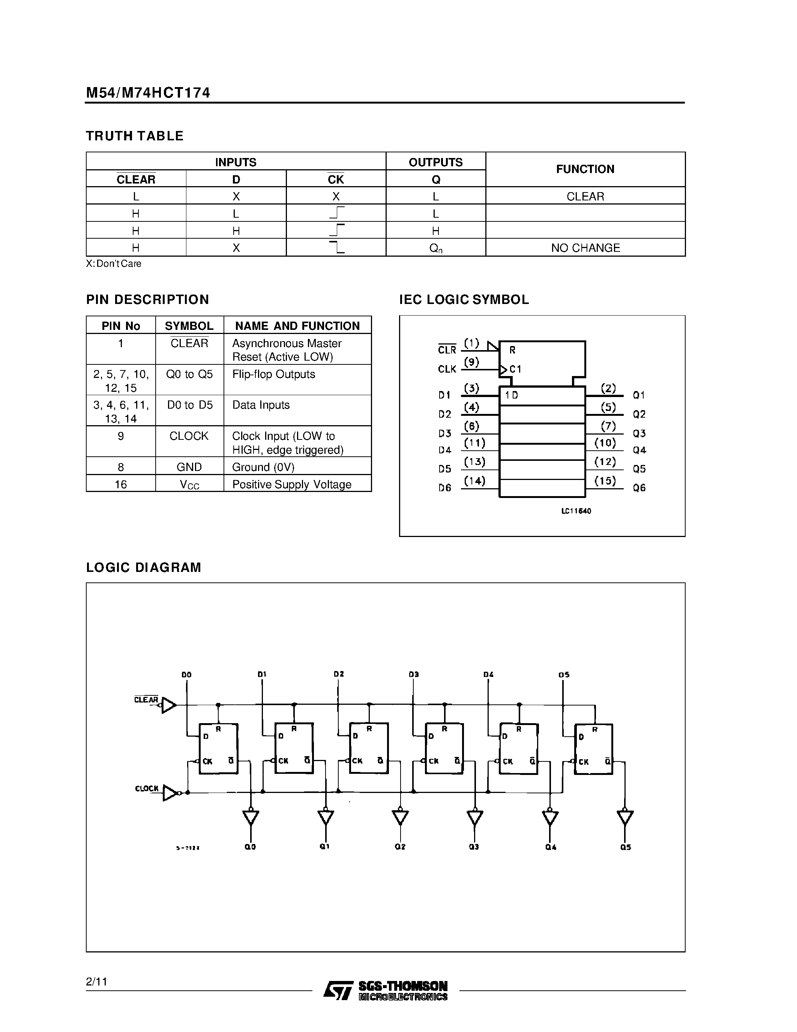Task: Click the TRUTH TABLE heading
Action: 135,136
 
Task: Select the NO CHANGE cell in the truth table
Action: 585,248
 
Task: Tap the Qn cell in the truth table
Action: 436,248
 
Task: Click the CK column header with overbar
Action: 336,179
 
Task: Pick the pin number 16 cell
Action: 121,484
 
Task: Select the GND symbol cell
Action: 189,467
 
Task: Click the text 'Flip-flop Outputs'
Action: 273,374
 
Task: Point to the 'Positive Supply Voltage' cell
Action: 292,484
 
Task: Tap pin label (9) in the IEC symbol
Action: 471,363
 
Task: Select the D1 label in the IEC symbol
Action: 444,395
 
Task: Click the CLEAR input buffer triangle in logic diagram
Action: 168,706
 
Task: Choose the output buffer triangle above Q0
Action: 251,817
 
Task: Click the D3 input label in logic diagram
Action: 414,674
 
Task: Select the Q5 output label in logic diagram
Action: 625,847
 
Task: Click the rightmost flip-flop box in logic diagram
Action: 593,749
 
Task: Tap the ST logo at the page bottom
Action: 338,990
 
